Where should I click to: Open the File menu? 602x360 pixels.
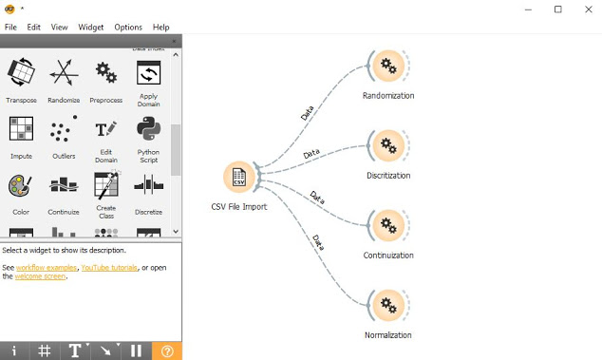pos(10,28)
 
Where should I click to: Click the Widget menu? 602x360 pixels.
pos(91,28)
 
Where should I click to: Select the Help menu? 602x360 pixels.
pos(160,28)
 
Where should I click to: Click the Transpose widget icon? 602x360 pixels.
pos(21,73)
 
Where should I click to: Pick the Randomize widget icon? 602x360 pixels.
pos(64,73)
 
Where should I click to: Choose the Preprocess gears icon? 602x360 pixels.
pos(105,73)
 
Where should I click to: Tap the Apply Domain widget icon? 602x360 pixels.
pos(148,72)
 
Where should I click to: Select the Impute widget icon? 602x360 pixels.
pos(21,130)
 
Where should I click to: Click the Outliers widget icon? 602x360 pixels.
pos(64,130)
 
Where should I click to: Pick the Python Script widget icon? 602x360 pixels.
pos(148,129)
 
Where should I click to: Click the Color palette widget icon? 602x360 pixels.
pos(21,186)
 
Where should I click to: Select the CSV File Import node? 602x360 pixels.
pos(239,178)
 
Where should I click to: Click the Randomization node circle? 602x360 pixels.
pos(387,66)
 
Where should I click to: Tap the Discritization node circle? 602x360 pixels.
pos(387,146)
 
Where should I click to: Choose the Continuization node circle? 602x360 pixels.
pos(387,226)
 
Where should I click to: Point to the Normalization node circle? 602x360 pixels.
pos(387,306)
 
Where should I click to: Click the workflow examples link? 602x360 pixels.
pos(47,268)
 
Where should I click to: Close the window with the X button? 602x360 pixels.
pos(585,9)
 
